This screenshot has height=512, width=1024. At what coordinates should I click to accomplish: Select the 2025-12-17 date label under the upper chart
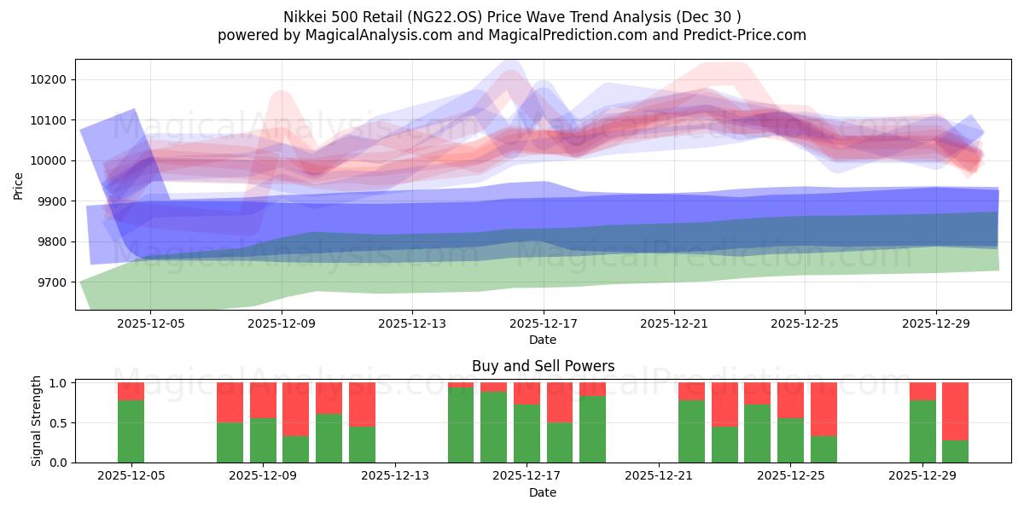(543, 323)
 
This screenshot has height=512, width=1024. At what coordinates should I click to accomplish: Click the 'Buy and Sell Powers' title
(543, 366)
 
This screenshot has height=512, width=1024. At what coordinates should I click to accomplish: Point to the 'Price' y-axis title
(20, 185)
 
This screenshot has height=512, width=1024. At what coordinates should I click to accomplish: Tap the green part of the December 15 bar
(461, 425)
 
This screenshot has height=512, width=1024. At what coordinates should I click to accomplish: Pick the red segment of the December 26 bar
(823, 409)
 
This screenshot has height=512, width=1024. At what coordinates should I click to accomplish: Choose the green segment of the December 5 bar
(131, 431)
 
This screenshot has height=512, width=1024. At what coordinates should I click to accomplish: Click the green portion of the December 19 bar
(592, 429)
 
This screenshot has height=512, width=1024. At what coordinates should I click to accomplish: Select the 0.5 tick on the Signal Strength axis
(60, 423)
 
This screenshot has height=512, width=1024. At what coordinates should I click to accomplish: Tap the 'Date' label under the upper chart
(543, 340)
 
